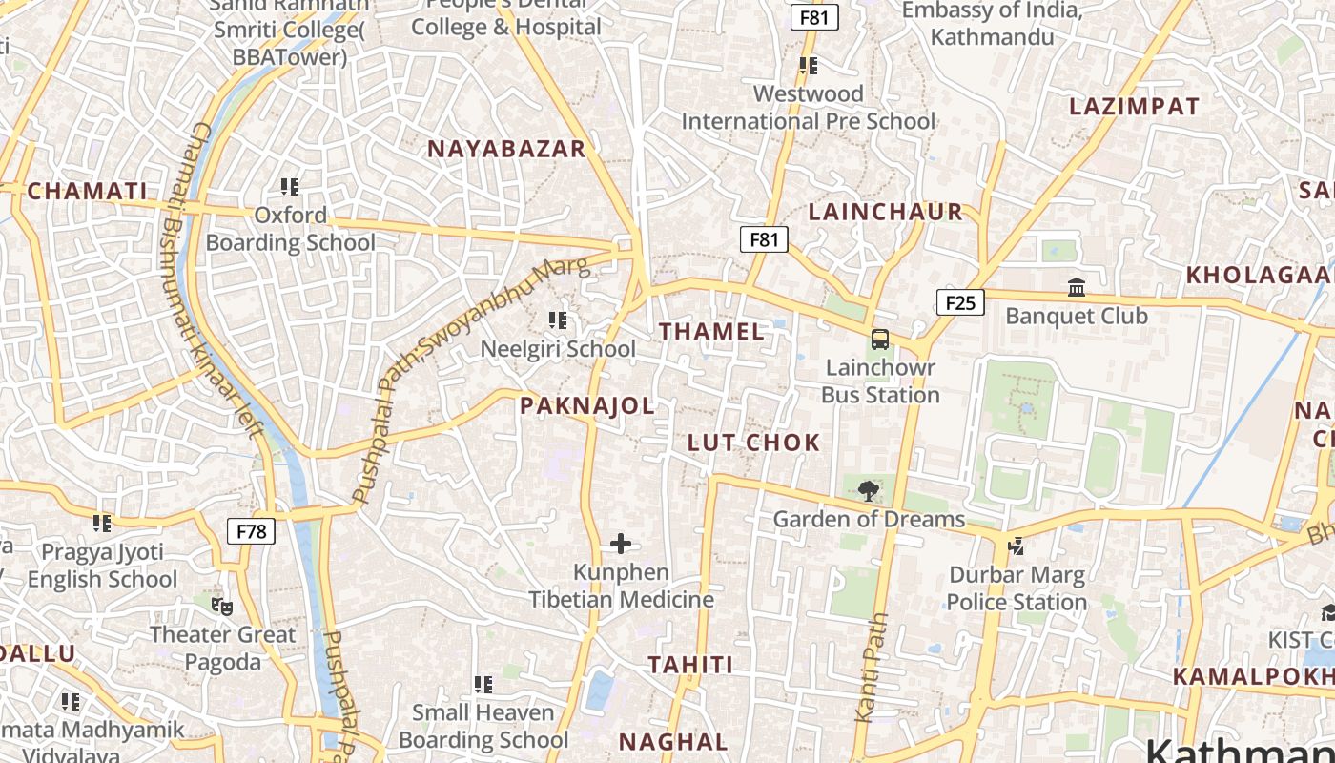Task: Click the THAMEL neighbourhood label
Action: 711,332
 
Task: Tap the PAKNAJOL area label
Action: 587,406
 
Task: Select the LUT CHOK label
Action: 753,443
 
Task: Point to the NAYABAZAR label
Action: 505,149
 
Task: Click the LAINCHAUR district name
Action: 885,213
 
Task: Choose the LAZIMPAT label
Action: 1134,107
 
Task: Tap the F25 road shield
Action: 960,303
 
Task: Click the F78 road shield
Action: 251,531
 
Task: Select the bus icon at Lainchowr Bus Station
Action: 880,340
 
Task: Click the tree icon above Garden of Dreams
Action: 868,491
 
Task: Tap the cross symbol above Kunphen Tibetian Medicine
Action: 621,544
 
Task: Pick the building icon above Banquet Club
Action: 1077,287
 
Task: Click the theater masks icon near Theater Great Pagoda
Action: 221,606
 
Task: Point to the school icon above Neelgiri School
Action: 558,320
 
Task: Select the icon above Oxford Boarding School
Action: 290,186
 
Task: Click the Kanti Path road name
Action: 870,668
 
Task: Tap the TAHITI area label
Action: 690,665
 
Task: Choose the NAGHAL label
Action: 673,742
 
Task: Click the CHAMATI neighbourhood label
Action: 88,192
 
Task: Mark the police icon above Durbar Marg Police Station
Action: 1017,546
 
